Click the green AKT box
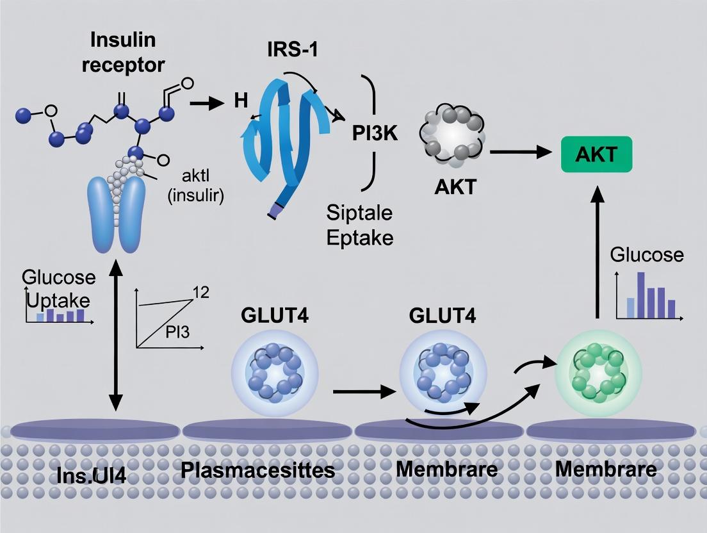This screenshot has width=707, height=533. pos(596,154)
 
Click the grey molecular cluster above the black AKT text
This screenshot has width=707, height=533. pos(452,133)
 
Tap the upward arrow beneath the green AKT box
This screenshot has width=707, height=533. pos(596,250)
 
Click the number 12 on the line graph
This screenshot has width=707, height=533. pos(201,293)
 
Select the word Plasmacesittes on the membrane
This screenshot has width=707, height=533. pos(258,471)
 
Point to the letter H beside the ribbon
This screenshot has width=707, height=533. pos(241,101)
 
